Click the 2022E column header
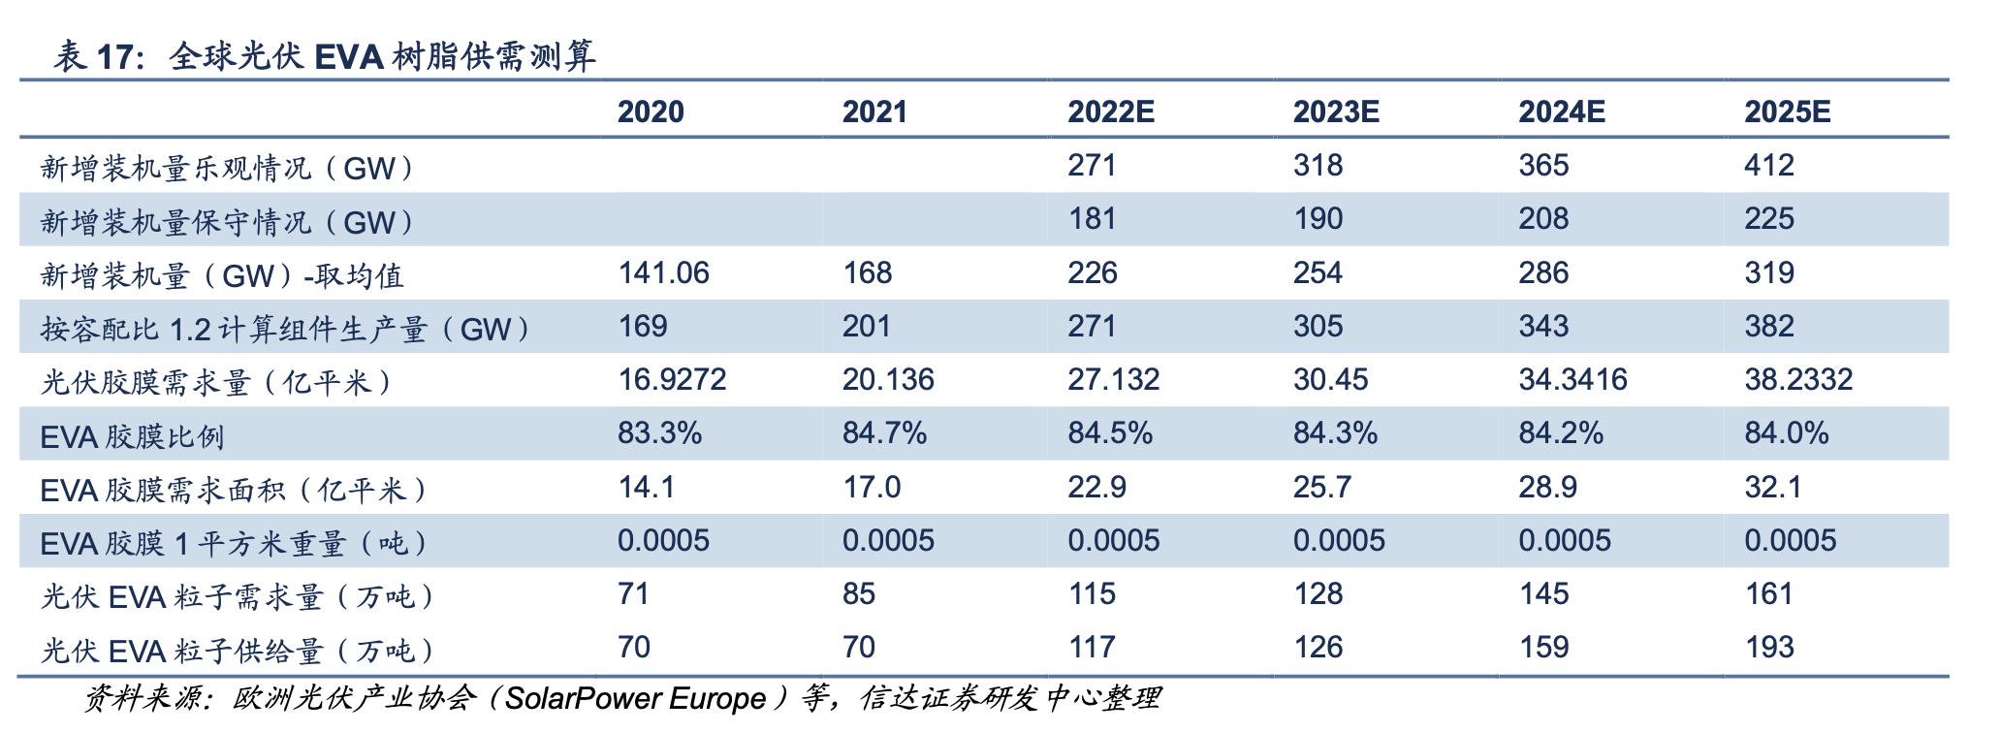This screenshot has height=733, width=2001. coord(1110,112)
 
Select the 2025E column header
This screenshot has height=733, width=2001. coord(1787,112)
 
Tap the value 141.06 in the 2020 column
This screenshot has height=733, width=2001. coord(663,272)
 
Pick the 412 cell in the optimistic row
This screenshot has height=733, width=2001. coord(1768,165)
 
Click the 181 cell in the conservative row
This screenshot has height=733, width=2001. coord(1092,218)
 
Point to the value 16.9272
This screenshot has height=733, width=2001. coord(672,379)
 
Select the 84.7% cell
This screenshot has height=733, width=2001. coord(884,432)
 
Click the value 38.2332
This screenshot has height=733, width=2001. coord(1798,379)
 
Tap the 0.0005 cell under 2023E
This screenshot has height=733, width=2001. coord(1339,540)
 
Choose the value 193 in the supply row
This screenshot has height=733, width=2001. coord(1768,647)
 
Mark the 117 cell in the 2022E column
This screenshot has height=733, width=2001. coord(1092,647)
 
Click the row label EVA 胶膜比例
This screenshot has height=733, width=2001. coord(132,436)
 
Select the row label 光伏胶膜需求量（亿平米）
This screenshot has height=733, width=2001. coord(216,383)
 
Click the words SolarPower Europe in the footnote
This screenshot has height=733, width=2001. coord(636,698)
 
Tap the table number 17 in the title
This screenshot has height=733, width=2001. coord(115,57)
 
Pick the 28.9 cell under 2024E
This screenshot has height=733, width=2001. coord(1547,487)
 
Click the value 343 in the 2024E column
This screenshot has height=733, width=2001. coord(1543,326)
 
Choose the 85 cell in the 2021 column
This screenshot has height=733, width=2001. coord(859,593)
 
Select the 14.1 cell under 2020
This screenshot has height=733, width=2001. coord(646,487)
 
